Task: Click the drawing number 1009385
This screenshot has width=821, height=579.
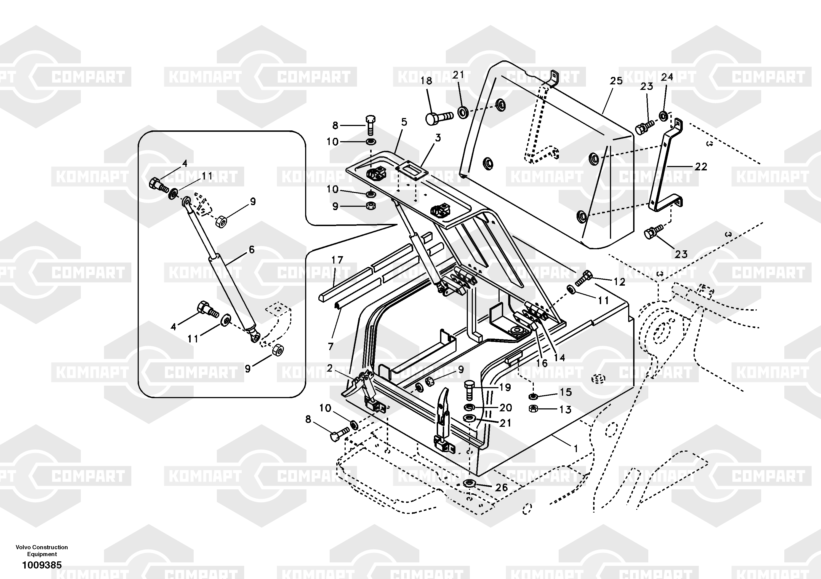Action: pyautogui.click(x=42, y=565)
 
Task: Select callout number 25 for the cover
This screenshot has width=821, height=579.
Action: pyautogui.click(x=616, y=81)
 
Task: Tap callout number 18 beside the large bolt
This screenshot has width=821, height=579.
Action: pyautogui.click(x=426, y=81)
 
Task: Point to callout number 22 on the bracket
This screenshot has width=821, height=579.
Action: pyautogui.click(x=701, y=167)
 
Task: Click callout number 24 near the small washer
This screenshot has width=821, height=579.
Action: pyautogui.click(x=667, y=77)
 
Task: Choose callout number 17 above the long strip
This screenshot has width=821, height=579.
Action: pyautogui.click(x=337, y=260)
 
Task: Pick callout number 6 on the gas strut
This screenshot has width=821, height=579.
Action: pyautogui.click(x=252, y=250)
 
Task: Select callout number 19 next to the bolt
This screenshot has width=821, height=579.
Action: pyautogui.click(x=505, y=387)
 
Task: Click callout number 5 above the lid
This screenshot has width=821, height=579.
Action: pyautogui.click(x=404, y=122)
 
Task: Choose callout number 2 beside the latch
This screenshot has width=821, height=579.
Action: pyautogui.click(x=329, y=368)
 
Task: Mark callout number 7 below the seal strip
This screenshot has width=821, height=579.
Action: pyautogui.click(x=331, y=346)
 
